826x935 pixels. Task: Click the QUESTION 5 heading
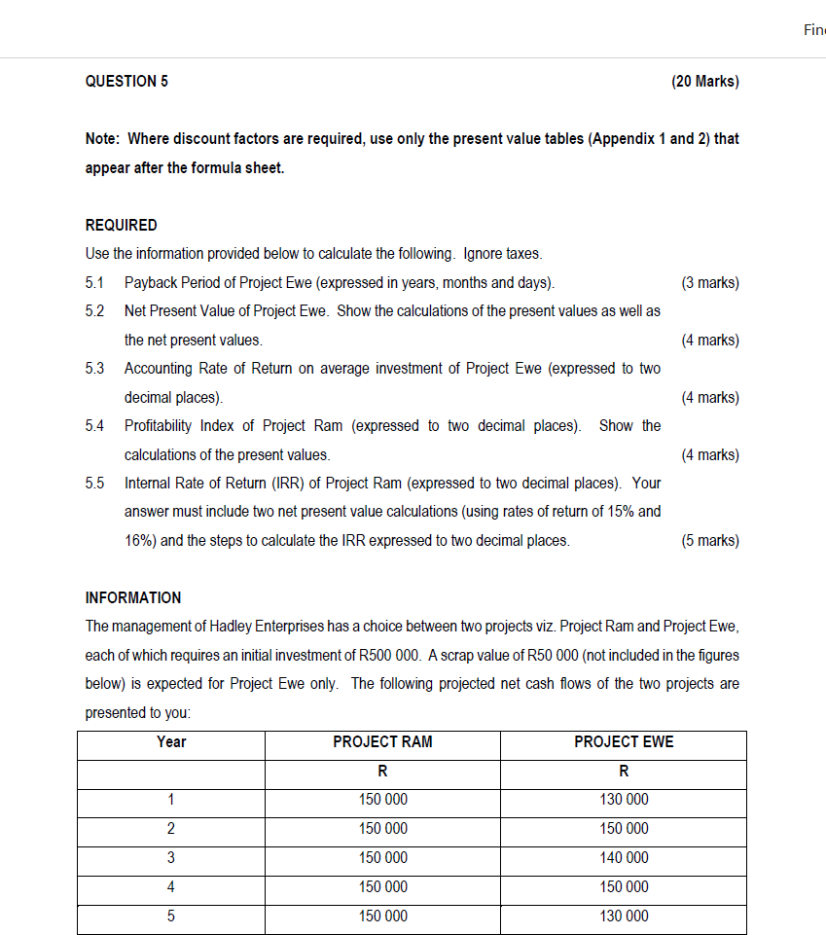pyautogui.click(x=126, y=82)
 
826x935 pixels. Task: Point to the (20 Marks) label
pyautogui.click(x=704, y=82)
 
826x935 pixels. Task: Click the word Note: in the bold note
pyautogui.click(x=104, y=139)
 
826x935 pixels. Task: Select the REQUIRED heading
pyautogui.click(x=122, y=225)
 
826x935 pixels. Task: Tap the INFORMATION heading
pyautogui.click(x=133, y=597)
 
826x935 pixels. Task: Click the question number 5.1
pyautogui.click(x=96, y=283)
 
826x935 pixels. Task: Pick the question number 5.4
pyautogui.click(x=96, y=426)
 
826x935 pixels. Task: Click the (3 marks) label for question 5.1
pyautogui.click(x=710, y=283)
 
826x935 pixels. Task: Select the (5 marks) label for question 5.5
pyautogui.click(x=710, y=540)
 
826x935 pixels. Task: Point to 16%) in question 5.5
pyautogui.click(x=140, y=540)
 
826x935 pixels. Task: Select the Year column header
pyautogui.click(x=171, y=742)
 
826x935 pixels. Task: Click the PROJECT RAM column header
pyautogui.click(x=382, y=742)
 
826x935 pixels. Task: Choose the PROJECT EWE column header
pyautogui.click(x=624, y=742)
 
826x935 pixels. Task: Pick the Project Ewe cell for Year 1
pyautogui.click(x=624, y=800)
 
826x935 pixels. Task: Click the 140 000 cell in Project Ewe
pyautogui.click(x=624, y=858)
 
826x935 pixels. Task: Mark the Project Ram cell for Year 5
pyautogui.click(x=382, y=917)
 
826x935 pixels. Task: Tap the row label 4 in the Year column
pyautogui.click(x=171, y=887)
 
